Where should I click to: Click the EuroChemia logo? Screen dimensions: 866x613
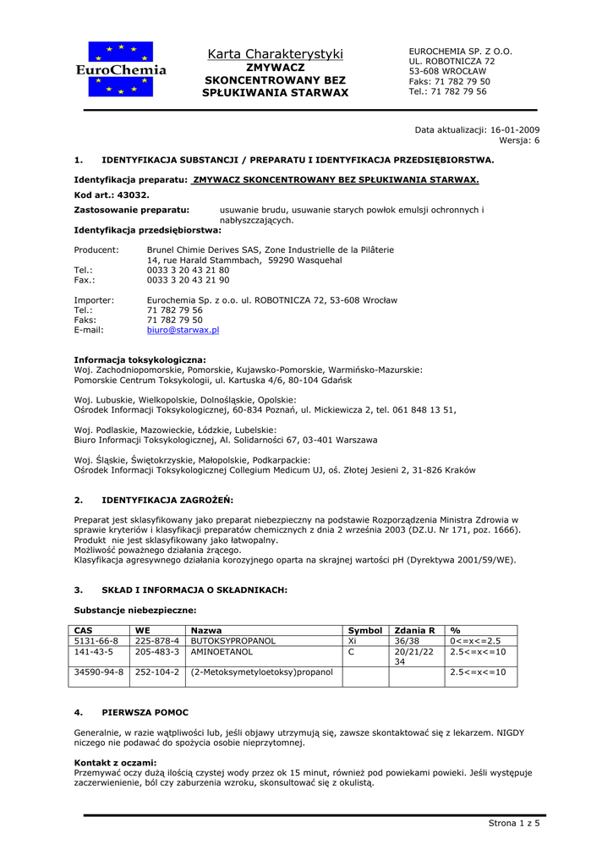pos(121,69)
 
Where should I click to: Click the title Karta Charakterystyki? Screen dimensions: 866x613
pos(276,54)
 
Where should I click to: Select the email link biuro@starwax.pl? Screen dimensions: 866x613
pos(183,331)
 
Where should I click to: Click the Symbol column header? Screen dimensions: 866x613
pos(365,631)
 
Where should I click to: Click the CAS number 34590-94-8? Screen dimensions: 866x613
pos(99,672)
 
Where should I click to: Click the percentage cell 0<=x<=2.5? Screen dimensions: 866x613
pos(475,641)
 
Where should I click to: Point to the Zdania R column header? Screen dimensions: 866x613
pos(414,631)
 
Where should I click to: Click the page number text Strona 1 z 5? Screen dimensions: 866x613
pos(514,823)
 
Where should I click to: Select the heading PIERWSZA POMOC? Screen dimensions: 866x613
pos(145,713)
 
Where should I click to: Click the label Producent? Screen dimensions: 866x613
pos(96,250)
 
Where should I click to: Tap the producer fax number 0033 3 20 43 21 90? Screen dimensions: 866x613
pos(188,280)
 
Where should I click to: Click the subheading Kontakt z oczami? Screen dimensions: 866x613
pos(115,763)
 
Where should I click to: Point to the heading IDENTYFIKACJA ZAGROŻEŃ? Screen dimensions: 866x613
pos(167,500)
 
